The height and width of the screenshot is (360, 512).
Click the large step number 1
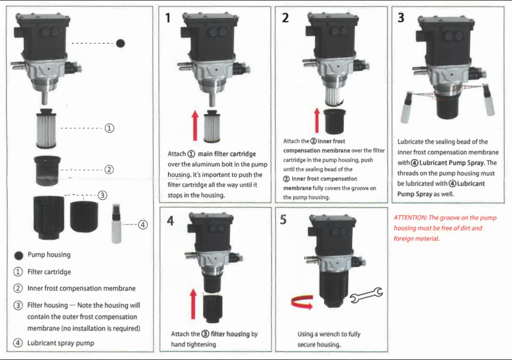(168, 18)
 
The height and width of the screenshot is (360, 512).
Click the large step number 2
(285, 18)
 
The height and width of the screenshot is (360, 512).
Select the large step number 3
(401, 18)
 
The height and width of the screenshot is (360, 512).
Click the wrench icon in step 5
(366, 295)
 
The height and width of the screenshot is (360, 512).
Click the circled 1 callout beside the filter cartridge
(109, 128)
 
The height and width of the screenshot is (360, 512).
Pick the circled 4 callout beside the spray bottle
(143, 225)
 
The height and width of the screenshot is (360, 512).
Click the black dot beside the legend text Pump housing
(18, 255)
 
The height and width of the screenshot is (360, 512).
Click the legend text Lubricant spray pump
(61, 343)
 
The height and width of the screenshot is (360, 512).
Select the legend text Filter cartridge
(49, 272)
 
